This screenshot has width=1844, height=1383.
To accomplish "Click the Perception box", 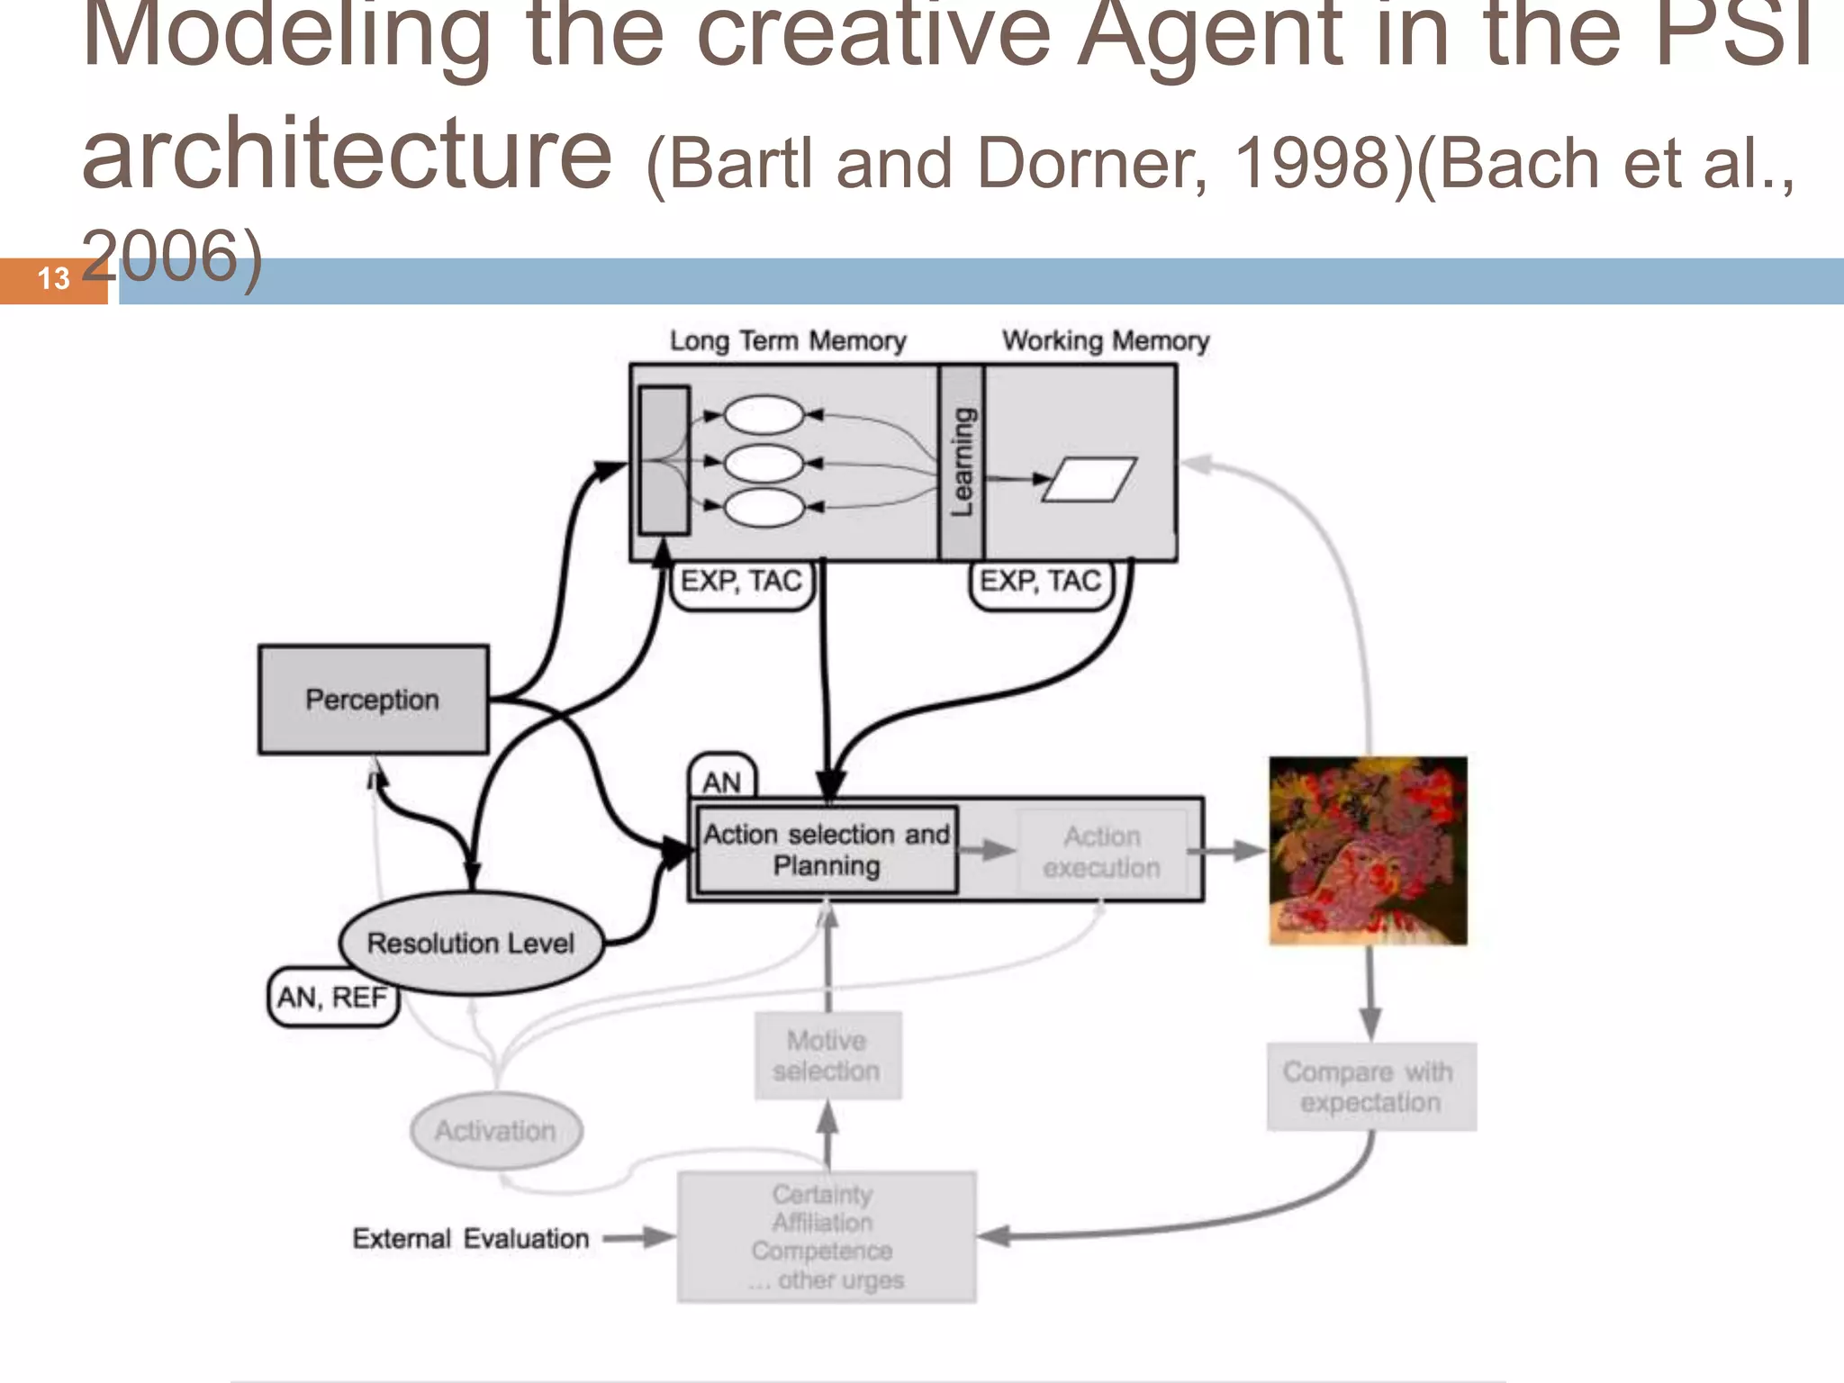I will coord(373,700).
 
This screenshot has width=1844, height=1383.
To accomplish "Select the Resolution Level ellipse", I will coord(470,943).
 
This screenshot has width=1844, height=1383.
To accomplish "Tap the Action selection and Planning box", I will coord(827,850).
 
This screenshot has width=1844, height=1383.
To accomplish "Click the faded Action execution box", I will coord(1102,852).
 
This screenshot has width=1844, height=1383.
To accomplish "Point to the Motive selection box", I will coord(827,1055).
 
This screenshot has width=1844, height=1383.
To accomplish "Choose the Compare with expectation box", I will coord(1370,1087).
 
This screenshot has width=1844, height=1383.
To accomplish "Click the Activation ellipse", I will coord(495,1130).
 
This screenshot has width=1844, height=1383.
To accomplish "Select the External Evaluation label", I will coord(470,1239).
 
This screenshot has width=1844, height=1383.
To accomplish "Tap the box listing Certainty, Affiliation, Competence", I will coord(826,1237).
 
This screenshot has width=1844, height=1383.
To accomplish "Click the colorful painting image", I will coord(1368,851).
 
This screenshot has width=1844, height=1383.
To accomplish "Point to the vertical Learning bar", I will coord(962,462).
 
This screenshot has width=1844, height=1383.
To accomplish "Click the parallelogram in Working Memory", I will coord(1089,479).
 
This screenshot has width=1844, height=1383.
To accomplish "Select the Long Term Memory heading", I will coord(787,341).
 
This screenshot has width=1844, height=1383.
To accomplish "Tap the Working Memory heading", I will coord(1106,341).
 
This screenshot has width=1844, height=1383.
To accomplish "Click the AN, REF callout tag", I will coord(332,998).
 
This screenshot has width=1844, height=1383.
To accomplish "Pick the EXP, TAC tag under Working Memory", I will coord(1040,582).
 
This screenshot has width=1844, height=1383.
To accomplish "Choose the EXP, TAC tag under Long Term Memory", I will coord(741,582).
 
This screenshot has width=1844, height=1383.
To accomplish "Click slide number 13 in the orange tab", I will coord(53,279).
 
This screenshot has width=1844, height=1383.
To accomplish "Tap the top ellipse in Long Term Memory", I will coord(764,415).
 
